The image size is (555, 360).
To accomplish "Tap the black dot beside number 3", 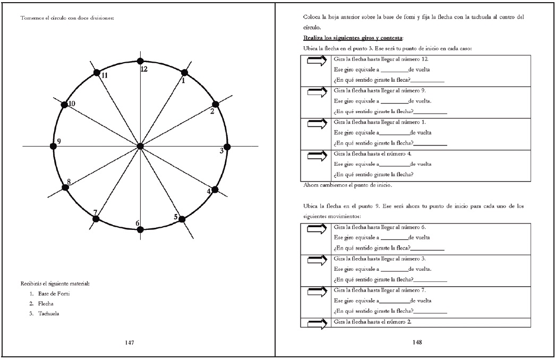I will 227,147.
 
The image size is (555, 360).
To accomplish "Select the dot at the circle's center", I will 140,146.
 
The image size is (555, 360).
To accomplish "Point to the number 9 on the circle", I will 59,141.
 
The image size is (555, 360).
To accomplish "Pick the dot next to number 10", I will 65,105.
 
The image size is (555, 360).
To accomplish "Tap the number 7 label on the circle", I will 95,213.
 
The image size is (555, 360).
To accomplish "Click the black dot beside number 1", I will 184,73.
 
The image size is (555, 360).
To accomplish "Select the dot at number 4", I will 216,190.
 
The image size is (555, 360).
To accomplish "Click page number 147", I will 129,342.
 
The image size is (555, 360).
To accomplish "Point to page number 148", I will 417,342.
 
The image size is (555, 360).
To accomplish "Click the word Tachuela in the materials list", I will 48,313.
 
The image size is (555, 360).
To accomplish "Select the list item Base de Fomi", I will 54,294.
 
